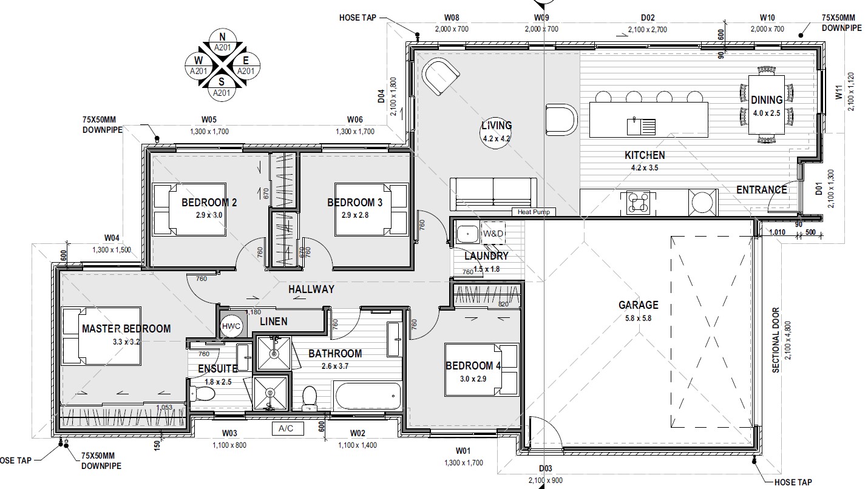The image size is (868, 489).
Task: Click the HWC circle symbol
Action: click(231, 326)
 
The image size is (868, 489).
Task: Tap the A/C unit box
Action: click(286, 428)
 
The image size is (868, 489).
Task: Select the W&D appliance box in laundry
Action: click(493, 234)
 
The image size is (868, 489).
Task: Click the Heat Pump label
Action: click(534, 212)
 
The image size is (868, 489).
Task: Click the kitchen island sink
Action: click(641, 126)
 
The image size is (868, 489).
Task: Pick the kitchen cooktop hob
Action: click(638, 203)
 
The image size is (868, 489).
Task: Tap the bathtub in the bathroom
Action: click(368, 396)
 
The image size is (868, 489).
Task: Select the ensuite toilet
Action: click(202, 394)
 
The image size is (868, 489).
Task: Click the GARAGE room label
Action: click(638, 305)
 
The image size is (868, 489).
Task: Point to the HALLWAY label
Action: click(311, 289)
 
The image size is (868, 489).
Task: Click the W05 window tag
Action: click(209, 120)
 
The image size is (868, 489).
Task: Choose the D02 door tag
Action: click(648, 18)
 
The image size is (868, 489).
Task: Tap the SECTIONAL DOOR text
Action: click(776, 340)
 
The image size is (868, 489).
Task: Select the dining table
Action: click(767, 104)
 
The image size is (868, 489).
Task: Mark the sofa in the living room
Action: click(493, 194)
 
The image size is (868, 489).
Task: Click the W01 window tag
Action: click(463, 451)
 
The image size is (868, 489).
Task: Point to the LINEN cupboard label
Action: click(274, 322)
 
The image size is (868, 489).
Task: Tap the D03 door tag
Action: click(545, 468)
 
